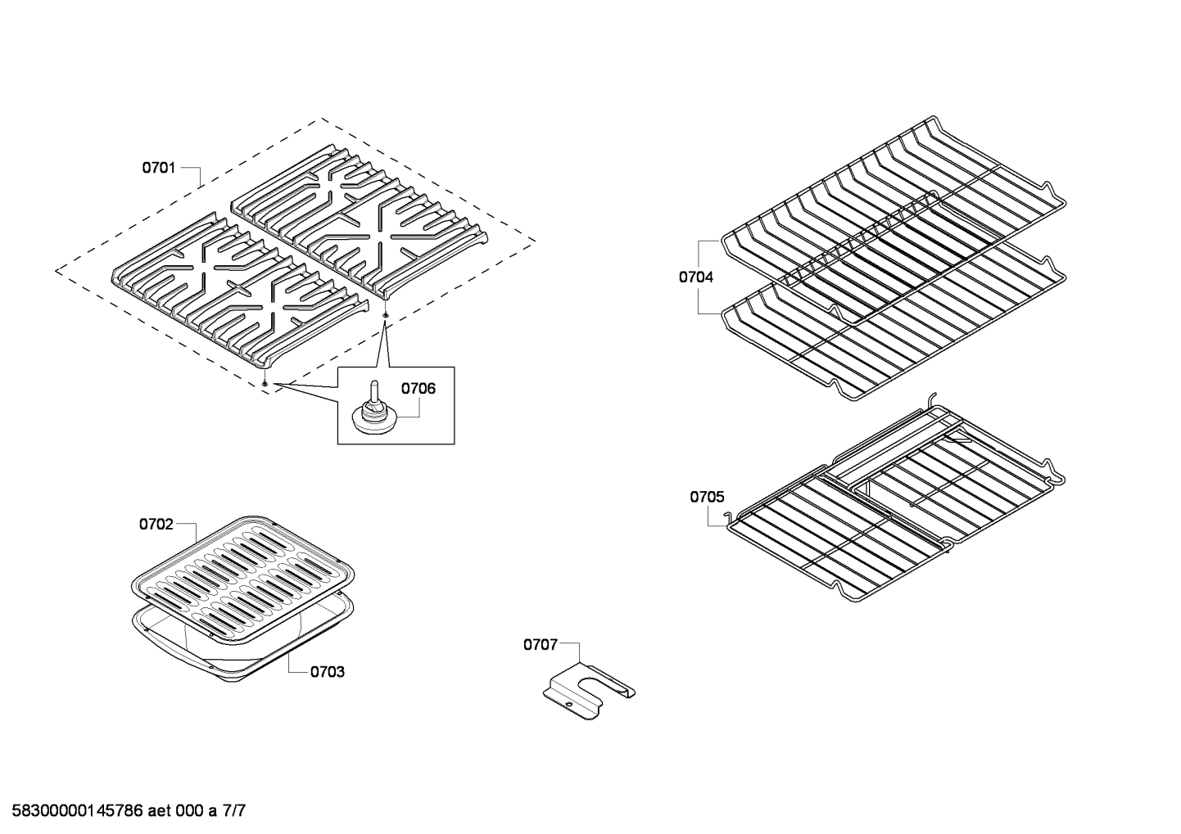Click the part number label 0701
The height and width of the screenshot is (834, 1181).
[159, 168]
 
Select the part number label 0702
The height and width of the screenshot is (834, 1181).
[156, 524]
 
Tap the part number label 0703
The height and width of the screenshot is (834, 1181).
[327, 672]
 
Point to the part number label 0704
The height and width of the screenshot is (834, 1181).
[695, 277]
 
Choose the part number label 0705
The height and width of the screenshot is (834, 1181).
[707, 497]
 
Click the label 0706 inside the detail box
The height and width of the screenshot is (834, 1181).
[418, 389]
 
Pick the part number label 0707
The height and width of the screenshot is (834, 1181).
[541, 645]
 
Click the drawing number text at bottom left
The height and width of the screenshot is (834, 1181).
[124, 811]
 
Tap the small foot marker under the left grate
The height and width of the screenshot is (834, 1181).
[266, 382]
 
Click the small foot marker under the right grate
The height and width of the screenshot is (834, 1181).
[385, 314]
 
